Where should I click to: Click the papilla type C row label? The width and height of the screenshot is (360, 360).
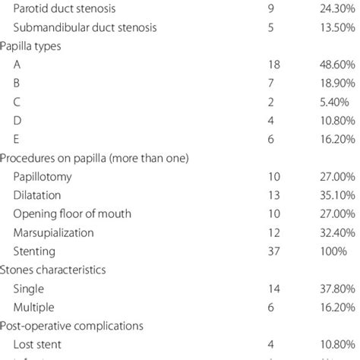17,103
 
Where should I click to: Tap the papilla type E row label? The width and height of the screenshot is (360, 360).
17,139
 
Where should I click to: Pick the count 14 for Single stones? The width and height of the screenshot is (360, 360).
273,287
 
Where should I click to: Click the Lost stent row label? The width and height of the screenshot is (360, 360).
39,342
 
